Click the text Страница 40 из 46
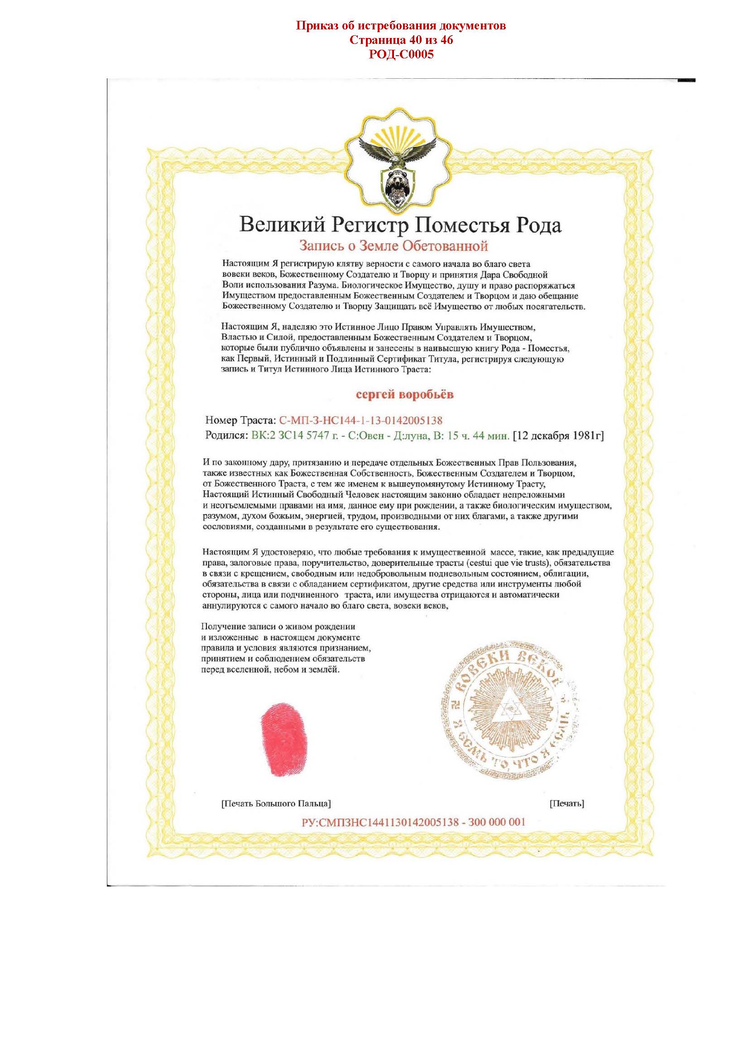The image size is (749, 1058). [401, 40]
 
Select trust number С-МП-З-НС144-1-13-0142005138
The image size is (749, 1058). [361, 420]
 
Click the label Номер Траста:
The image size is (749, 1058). [240, 420]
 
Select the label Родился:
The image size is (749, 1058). [226, 436]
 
